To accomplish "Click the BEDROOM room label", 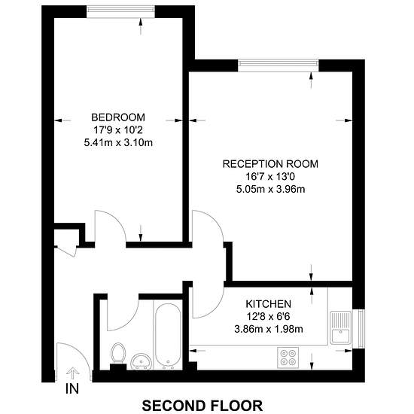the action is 118,117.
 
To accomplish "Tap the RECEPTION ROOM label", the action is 270,164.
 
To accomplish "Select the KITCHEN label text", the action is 268,304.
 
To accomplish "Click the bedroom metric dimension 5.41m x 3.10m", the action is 118,143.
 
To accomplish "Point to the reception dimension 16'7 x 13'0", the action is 270,177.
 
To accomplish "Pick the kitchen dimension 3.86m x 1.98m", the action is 269,329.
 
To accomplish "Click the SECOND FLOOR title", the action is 202,406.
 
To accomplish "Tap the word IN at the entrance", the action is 72,389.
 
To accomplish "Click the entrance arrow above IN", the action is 72,373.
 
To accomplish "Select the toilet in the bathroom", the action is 118,353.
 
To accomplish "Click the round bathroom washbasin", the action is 142,361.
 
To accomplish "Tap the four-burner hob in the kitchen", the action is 288,358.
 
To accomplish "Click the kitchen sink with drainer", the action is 341,327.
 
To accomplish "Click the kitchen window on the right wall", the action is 360,329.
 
